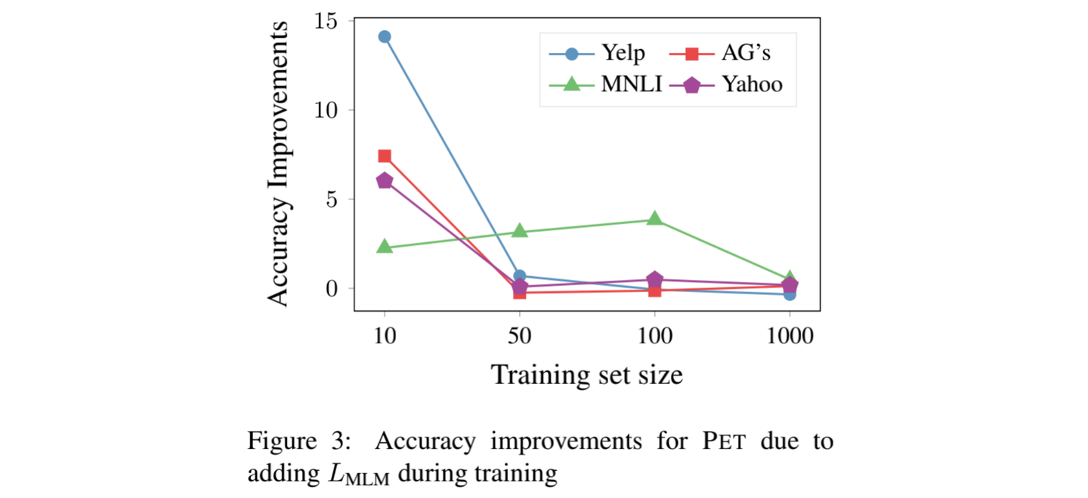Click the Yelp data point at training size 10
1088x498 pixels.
384,36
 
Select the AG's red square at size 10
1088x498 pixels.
384,156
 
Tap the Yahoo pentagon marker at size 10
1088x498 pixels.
384,181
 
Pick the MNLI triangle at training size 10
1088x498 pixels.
384,247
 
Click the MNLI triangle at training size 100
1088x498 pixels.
654,219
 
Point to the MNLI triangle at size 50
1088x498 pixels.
519,230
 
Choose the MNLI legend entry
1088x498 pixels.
604,85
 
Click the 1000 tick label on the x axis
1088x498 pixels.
790,337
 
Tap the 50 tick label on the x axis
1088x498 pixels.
519,337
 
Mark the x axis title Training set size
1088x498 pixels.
587,374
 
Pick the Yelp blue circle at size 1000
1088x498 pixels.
790,294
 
